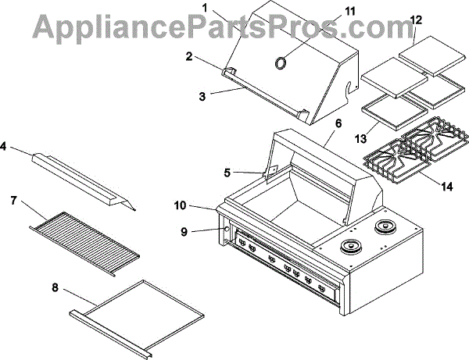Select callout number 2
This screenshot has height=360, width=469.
[x=189, y=55]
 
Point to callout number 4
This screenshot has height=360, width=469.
[x=7, y=144]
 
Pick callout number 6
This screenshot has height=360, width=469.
[x=338, y=123]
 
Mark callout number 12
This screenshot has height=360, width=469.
[x=415, y=19]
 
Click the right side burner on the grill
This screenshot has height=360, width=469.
[x=385, y=228]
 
